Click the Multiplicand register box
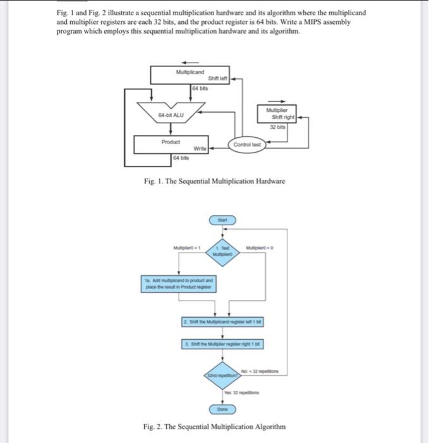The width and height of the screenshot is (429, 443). point(190,75)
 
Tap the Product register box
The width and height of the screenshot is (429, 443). point(171,145)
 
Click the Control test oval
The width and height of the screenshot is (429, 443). point(246,145)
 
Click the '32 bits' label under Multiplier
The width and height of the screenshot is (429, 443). point(278,127)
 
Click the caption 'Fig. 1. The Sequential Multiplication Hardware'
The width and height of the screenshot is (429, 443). point(214,182)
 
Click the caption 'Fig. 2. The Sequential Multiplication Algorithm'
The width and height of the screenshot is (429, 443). point(214,427)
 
